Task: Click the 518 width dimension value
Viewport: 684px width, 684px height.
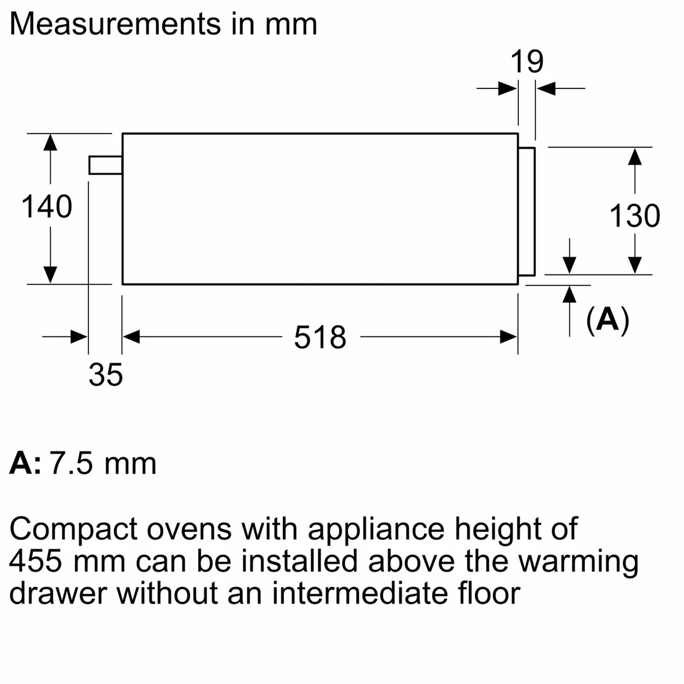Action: [x=320, y=337]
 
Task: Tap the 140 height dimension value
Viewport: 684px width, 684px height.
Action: [x=47, y=207]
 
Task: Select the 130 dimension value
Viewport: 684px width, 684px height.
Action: [x=635, y=216]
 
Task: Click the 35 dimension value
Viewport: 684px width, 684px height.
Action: [x=105, y=375]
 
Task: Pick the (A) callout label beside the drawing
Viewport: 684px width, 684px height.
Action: [x=607, y=320]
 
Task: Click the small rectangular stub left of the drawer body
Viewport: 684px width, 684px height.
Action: [x=105, y=165]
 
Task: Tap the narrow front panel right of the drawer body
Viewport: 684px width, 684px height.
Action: [x=526, y=212]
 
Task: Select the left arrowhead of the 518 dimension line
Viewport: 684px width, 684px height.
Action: [x=131, y=337]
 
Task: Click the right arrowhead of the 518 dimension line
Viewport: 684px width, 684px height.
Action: [x=509, y=337]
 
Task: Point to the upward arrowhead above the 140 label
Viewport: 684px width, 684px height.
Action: [x=50, y=142]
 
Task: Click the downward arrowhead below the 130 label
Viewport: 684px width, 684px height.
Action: [x=635, y=265]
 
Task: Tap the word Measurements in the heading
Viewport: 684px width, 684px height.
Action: [x=116, y=24]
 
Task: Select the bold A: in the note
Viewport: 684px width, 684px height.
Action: [x=25, y=464]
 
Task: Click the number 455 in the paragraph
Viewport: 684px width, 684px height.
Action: [x=38, y=561]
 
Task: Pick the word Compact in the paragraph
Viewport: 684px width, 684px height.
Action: [x=73, y=530]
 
